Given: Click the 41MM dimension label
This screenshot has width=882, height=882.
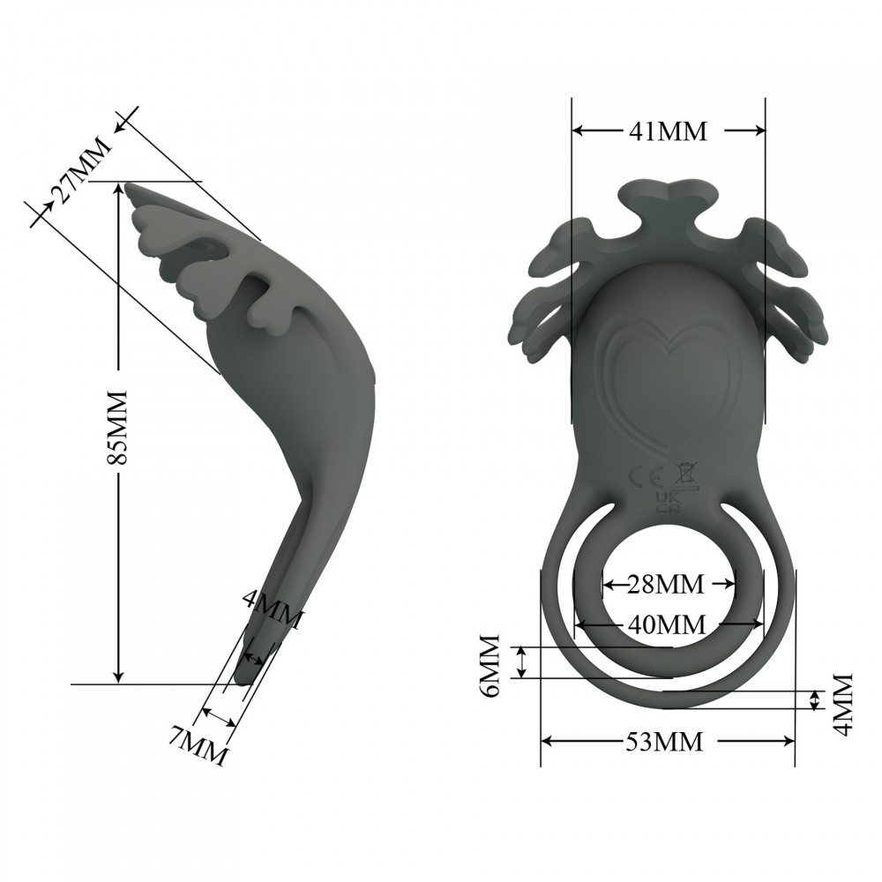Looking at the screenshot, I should (667, 131).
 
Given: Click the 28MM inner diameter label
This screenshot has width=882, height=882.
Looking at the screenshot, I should (667, 584).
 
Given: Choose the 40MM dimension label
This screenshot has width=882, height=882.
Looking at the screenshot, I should (667, 624).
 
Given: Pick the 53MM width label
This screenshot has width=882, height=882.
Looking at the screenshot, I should (667, 742).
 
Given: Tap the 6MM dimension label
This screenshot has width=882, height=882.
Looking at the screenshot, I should (490, 665).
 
